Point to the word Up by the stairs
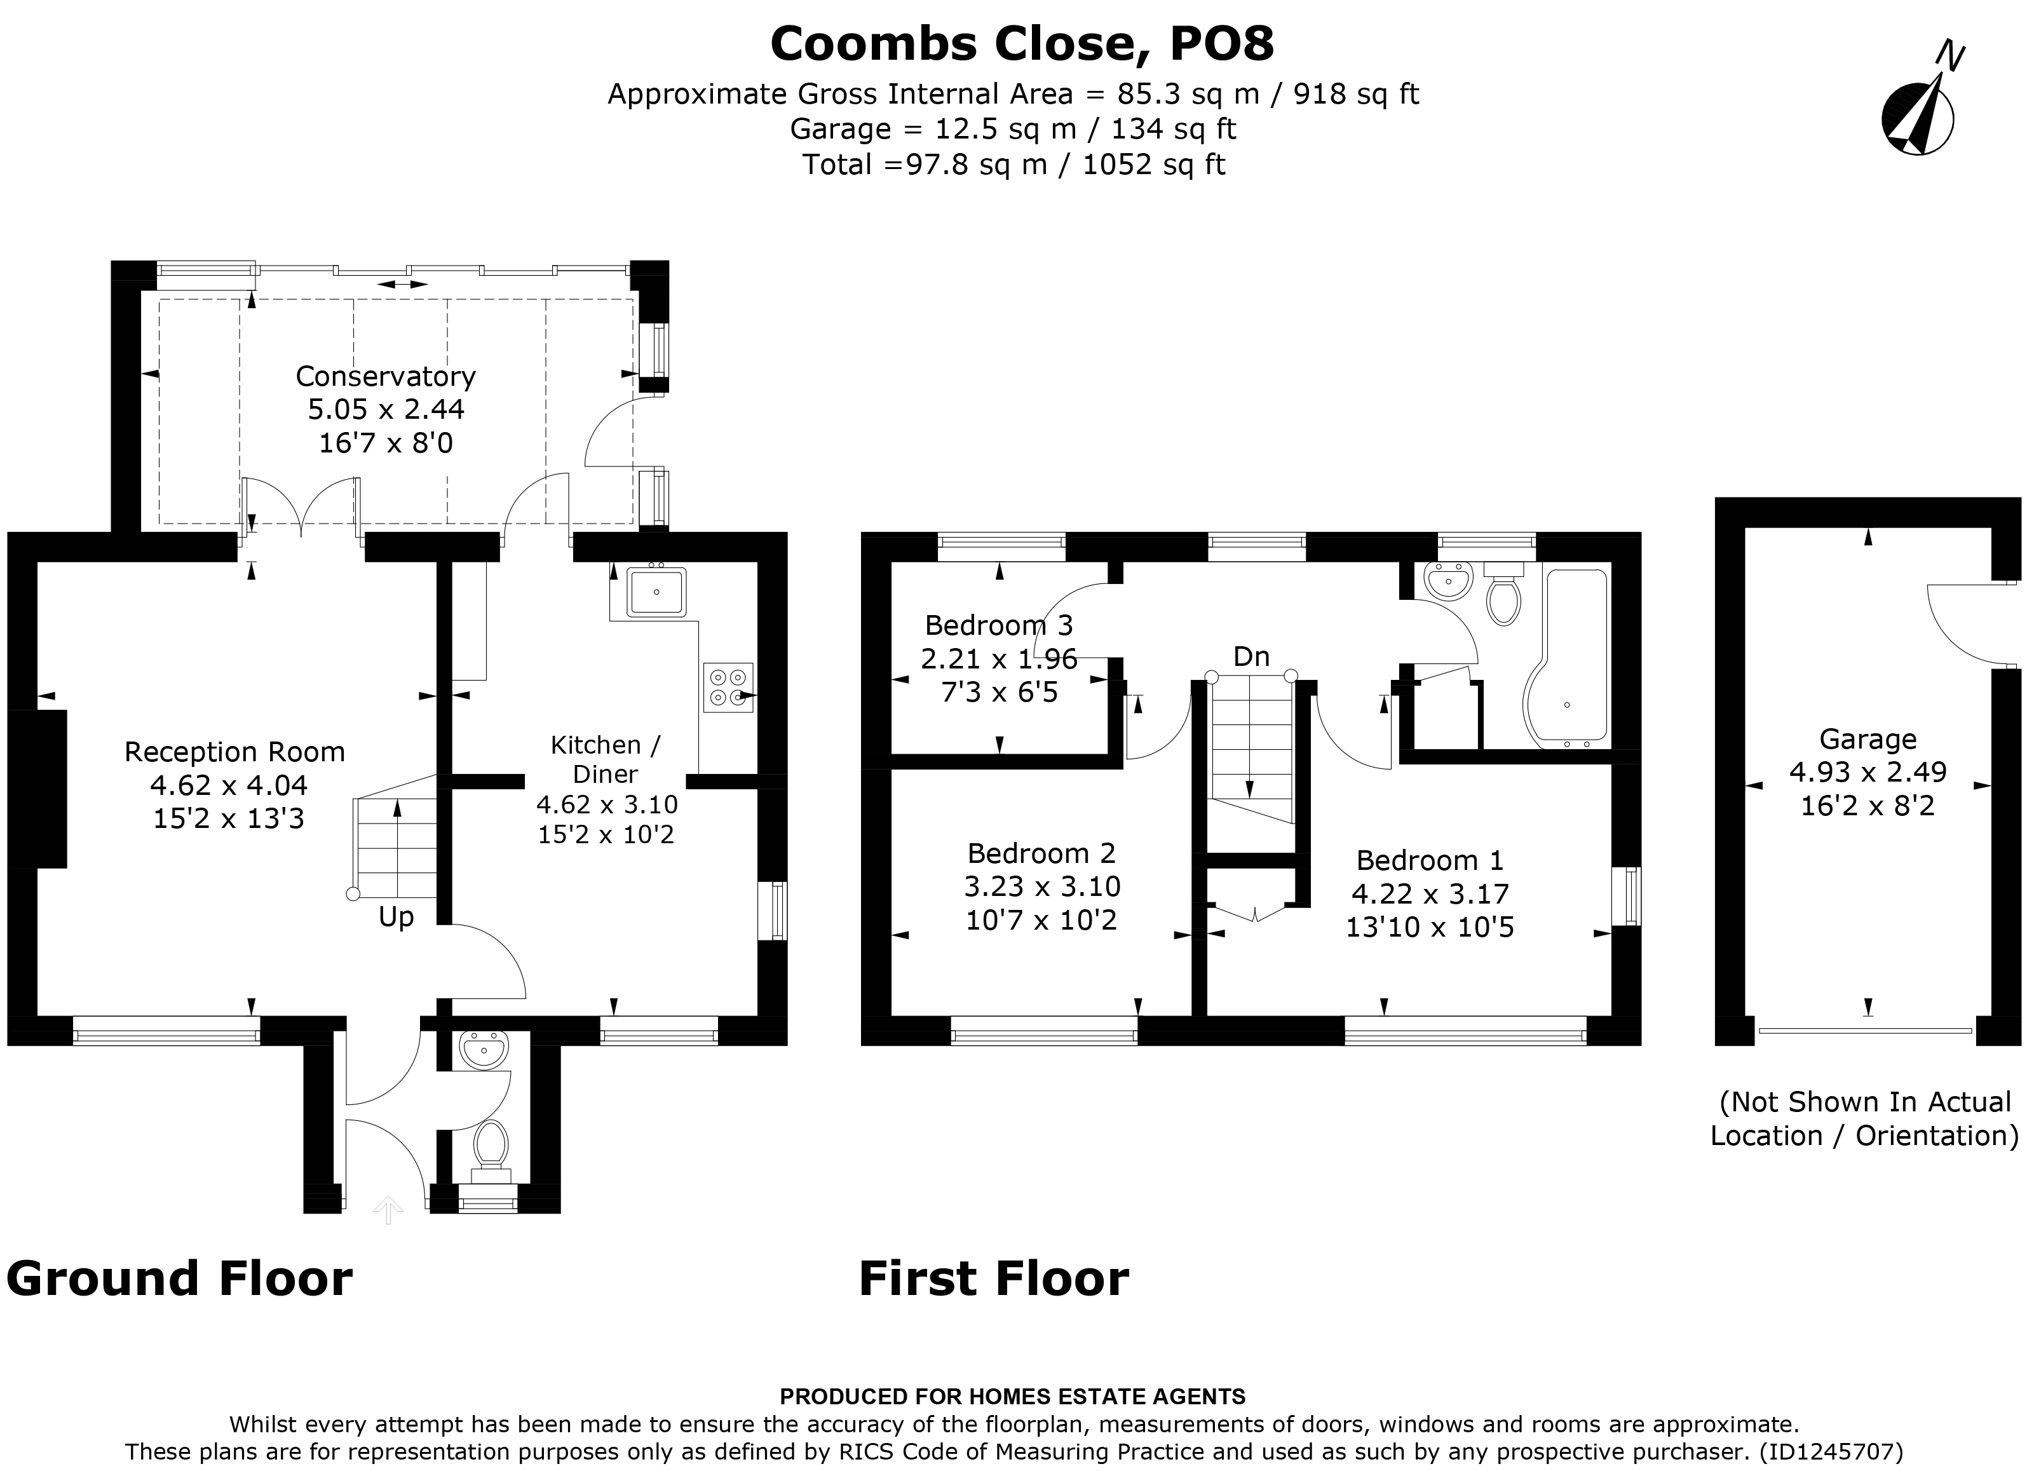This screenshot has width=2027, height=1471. tap(396, 917)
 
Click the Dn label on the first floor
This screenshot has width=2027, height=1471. tap(1251, 657)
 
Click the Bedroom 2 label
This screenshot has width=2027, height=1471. tap(1041, 853)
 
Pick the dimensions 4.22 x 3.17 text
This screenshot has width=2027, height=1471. tap(1430, 893)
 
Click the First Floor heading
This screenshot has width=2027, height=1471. tap(993, 1279)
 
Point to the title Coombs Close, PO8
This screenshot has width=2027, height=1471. tap(1022, 43)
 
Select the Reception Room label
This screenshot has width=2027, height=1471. tap(234, 752)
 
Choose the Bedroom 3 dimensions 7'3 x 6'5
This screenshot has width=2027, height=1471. tap(999, 692)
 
